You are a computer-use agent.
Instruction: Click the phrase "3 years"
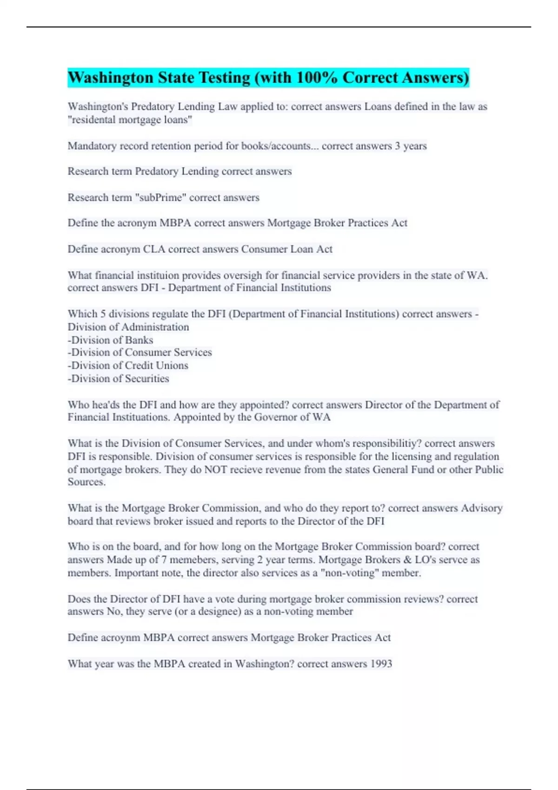pos(411,146)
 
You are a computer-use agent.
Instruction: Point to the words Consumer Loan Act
pos(286,249)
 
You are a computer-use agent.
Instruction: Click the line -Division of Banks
pos(110,340)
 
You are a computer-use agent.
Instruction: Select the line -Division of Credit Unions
pos(128,365)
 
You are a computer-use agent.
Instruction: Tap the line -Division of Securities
pos(118,378)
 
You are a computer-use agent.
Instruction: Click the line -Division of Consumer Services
pos(139,352)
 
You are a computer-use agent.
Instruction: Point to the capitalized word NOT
pos(215,469)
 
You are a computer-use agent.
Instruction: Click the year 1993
pos(381,664)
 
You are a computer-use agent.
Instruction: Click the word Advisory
pos(481,508)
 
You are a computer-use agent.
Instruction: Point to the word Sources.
pos(86,482)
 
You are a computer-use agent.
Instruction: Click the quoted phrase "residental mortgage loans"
pos(130,120)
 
